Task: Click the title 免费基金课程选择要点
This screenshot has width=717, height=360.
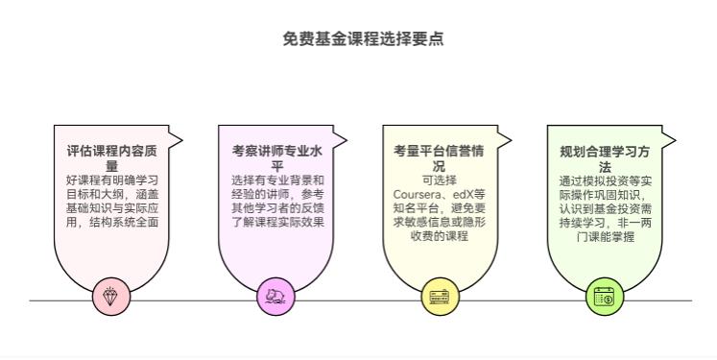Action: pyautogui.click(x=363, y=39)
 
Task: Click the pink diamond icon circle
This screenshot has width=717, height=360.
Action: pyautogui.click(x=111, y=297)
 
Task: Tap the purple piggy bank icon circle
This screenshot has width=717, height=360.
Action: pyautogui.click(x=275, y=297)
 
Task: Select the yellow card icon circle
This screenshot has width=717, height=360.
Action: pyautogui.click(x=440, y=297)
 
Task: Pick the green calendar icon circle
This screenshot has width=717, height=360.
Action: pyautogui.click(x=605, y=297)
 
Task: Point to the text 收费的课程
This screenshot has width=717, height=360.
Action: pyautogui.click(x=440, y=235)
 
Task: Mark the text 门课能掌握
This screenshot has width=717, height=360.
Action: pyautogui.click(x=605, y=236)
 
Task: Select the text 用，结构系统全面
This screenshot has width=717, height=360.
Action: pyautogui.click(x=111, y=222)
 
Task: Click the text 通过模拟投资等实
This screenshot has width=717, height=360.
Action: pyautogui.click(x=605, y=180)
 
